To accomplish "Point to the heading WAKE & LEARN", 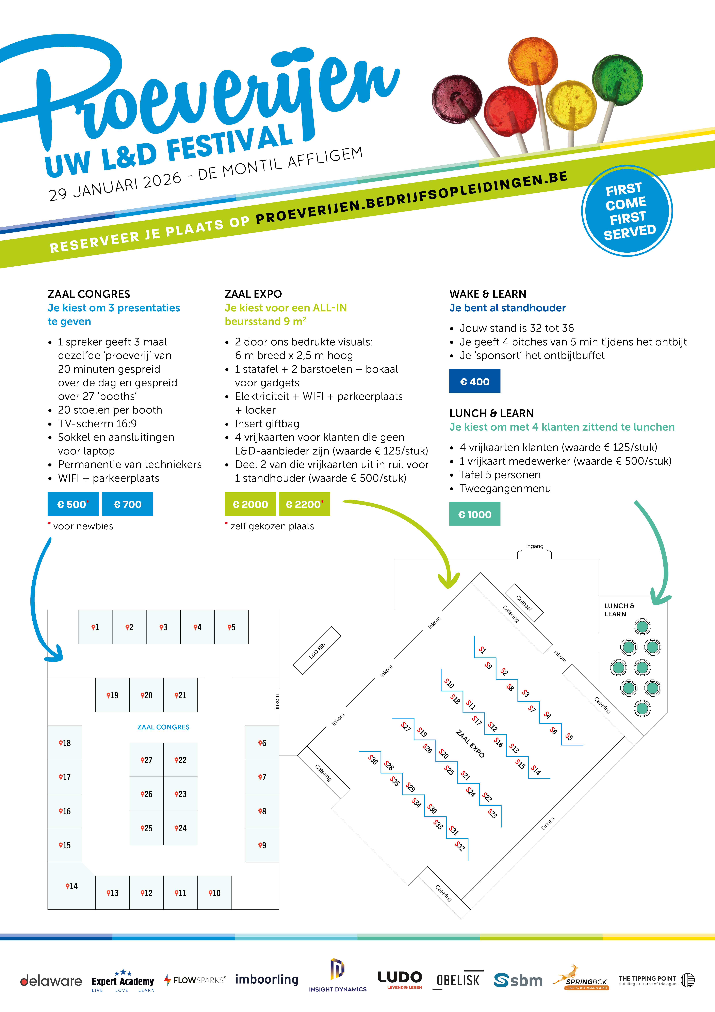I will point(488,294).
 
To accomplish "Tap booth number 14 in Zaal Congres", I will point(71,886).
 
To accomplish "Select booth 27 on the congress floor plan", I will point(146,760).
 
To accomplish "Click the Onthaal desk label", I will point(524,603).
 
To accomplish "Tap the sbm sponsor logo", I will point(518,980).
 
